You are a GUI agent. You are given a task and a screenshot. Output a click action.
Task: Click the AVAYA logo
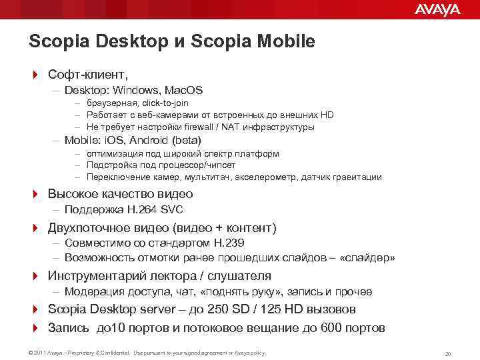pyautogui.click(x=437, y=9)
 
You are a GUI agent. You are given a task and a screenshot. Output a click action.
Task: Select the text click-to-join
pyautogui.click(x=164, y=103)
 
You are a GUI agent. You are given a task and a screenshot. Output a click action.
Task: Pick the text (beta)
pyautogui.click(x=186, y=140)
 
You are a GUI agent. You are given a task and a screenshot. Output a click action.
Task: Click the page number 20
pyautogui.click(x=448, y=353)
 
